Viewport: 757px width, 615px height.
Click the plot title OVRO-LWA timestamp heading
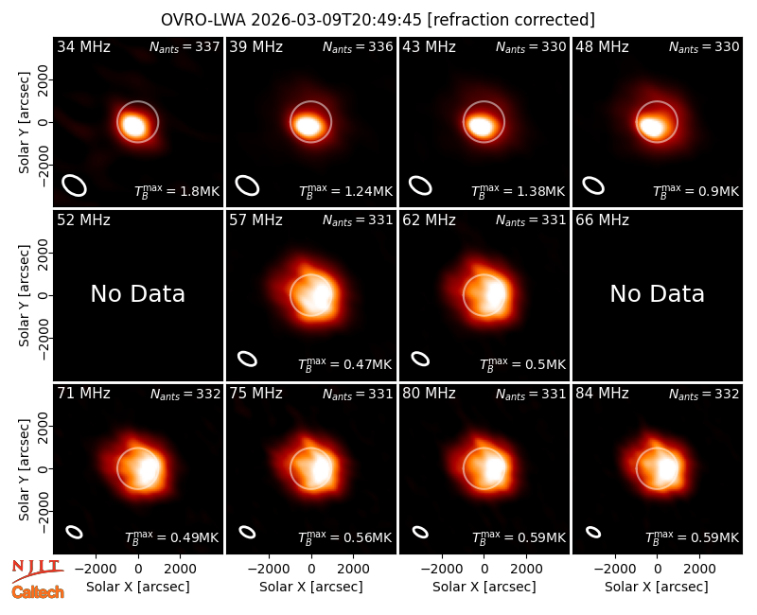pyautogui.click(x=378, y=20)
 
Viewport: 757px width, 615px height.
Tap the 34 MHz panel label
pyautogui.click(x=83, y=46)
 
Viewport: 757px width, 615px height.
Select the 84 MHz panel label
pyautogui.click(x=602, y=394)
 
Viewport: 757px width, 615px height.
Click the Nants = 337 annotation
pyautogui.click(x=185, y=46)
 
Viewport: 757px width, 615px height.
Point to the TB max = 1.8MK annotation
pyautogui.click(x=177, y=191)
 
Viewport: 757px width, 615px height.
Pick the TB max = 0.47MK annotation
pyautogui.click(x=345, y=364)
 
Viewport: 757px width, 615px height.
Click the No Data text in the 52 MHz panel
pyautogui.click(x=137, y=293)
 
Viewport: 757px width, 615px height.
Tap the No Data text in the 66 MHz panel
pyautogui.click(x=657, y=293)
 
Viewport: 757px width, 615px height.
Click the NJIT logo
pyautogui.click(x=37, y=571)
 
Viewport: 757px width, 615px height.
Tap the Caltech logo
pyautogui.click(x=38, y=592)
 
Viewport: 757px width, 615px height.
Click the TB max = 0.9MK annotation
pyautogui.click(x=695, y=191)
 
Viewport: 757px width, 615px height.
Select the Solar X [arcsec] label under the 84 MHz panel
pyautogui.click(x=657, y=587)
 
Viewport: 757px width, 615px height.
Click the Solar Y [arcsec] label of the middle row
pyautogui.click(x=24, y=295)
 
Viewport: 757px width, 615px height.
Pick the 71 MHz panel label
pyautogui.click(x=83, y=394)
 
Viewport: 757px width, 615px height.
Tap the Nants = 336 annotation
pyautogui.click(x=358, y=46)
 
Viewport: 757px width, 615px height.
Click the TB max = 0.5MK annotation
pyautogui.click(x=522, y=364)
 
